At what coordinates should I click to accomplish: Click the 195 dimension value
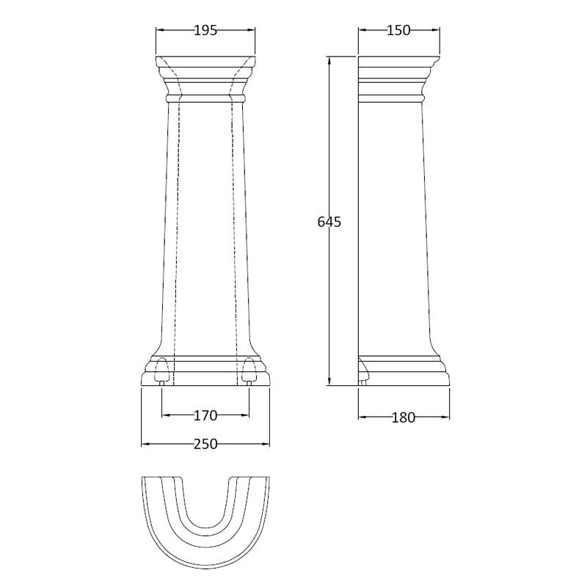pos(205,30)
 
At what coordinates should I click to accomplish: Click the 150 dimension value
pos(398,30)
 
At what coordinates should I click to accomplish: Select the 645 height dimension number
pos(329,222)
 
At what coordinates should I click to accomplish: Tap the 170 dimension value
pos(205,416)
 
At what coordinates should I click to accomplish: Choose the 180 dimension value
pos(403,418)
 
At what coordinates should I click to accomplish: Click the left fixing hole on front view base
pos(163,371)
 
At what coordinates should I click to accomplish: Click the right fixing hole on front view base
pos(249,371)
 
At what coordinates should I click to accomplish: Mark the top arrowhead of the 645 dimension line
pos(329,61)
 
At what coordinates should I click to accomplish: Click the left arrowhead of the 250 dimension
pos(144,444)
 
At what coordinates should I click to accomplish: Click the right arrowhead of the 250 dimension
pos(267,444)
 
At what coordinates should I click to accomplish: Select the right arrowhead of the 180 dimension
pos(446,418)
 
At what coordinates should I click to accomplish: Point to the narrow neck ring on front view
pos(205,96)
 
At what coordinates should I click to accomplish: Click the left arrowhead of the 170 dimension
pos(165,415)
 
